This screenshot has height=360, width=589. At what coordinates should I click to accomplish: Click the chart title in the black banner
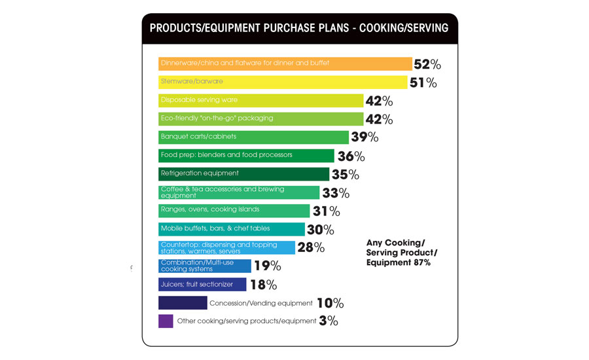pyautogui.click(x=299, y=28)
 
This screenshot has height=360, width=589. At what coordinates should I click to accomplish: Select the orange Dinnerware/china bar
pyautogui.click(x=285, y=63)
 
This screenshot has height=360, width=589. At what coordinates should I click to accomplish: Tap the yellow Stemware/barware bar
pyautogui.click(x=282, y=82)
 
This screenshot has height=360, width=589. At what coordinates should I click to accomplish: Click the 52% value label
pyautogui.click(x=427, y=64)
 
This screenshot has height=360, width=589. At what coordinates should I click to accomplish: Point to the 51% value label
pyautogui.click(x=423, y=82)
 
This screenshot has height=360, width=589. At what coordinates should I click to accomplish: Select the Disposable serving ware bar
pyautogui.click(x=260, y=100)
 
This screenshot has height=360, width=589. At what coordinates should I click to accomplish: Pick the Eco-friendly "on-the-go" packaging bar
pyautogui.click(x=260, y=118)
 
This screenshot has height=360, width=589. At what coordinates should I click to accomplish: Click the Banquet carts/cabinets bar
pyautogui.click(x=253, y=137)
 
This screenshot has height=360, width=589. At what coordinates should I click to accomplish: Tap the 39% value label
pyautogui.click(x=365, y=137)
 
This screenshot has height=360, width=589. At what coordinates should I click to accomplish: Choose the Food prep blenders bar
pyautogui.click(x=246, y=156)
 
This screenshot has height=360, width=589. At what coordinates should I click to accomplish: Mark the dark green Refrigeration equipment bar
pyautogui.click(x=243, y=174)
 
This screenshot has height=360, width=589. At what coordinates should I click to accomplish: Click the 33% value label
pyautogui.click(x=336, y=193)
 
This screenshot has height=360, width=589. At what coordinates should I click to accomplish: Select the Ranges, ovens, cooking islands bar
pyautogui.click(x=234, y=211)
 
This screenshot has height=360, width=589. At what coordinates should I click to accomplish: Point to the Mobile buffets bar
pyautogui.click(x=231, y=229)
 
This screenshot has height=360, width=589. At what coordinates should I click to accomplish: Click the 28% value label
pyautogui.click(x=311, y=247)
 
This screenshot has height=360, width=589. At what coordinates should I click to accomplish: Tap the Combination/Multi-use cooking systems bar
pyautogui.click(x=204, y=266)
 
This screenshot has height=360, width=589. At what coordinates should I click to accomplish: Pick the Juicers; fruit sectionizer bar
pyautogui.click(x=202, y=284)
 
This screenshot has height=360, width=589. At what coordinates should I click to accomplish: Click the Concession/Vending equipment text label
pyautogui.click(x=260, y=303)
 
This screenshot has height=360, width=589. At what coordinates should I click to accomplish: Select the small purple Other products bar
pyautogui.click(x=166, y=321)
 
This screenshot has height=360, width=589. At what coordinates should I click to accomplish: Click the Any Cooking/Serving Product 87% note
pyautogui.click(x=401, y=253)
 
